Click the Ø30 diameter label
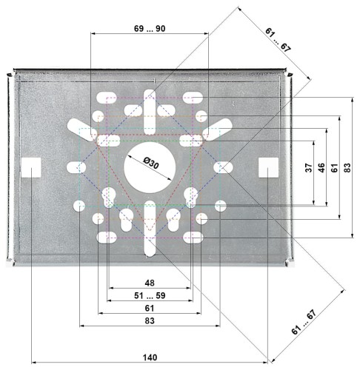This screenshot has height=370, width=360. (151, 164)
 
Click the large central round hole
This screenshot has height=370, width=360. (150, 168)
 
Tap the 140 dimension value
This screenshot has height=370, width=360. (150, 357)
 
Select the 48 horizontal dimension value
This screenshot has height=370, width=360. (150, 283)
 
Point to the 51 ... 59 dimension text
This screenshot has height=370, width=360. (150, 295)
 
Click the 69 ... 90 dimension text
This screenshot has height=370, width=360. (150, 29)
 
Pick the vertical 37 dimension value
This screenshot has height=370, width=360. (309, 168)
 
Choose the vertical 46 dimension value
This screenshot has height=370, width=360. (321, 168)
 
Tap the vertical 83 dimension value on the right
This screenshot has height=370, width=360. (347, 168)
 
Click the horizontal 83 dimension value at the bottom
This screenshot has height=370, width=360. (150, 320)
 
